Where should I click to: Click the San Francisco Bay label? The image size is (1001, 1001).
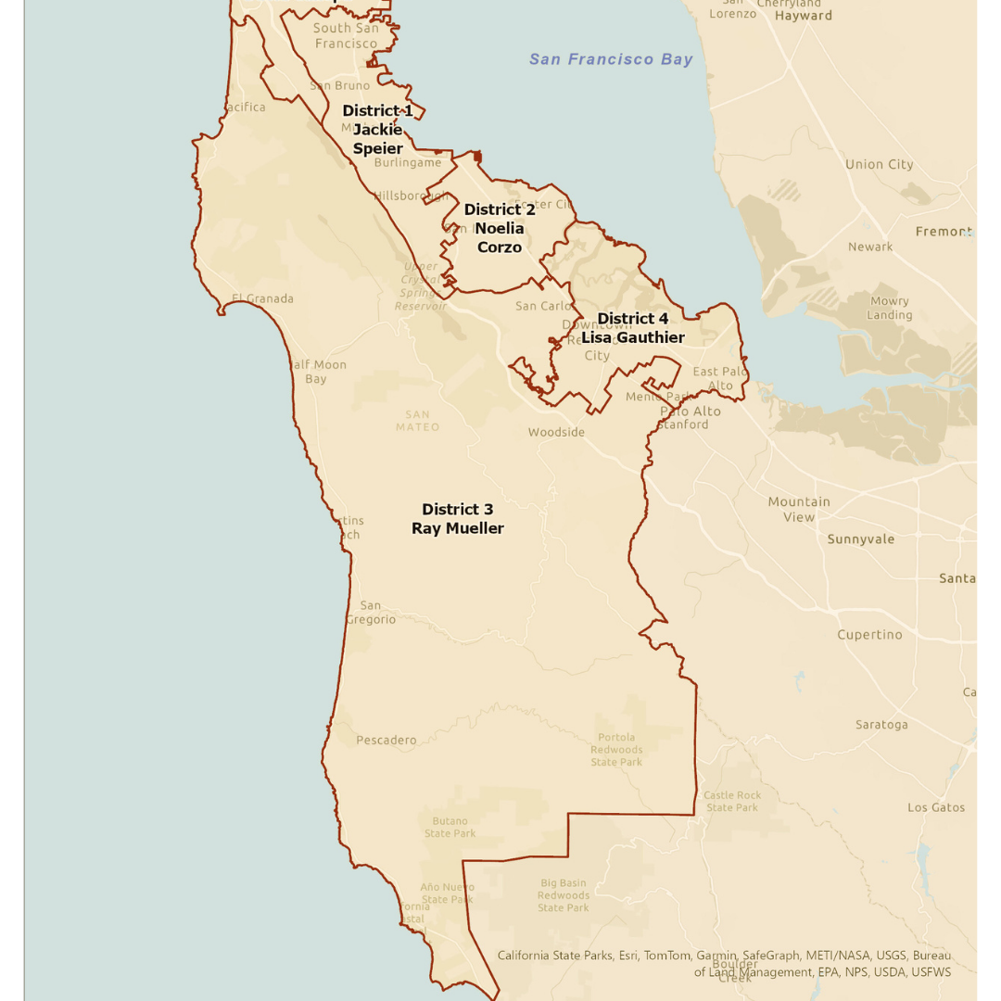click(611, 59)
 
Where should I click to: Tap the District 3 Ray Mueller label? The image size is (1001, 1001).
click(458, 519)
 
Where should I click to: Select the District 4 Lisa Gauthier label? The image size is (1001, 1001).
click(633, 328)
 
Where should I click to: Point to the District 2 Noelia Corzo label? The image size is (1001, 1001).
click(500, 228)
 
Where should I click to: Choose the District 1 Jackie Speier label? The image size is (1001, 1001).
click(378, 130)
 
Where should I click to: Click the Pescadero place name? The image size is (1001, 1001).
click(386, 741)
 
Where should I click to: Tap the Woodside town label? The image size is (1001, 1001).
click(556, 432)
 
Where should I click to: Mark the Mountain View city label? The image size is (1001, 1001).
click(799, 510)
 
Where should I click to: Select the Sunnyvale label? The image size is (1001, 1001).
click(861, 539)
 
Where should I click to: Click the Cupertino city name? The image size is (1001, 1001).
click(869, 635)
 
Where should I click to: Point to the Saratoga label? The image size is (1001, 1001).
click(881, 725)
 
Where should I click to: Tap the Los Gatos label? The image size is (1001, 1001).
click(936, 807)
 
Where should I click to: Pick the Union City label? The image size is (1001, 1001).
click(879, 165)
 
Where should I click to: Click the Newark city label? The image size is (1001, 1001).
click(870, 247)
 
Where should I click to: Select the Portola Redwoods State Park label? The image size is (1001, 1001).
click(616, 750)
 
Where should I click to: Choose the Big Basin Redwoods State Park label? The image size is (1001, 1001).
click(564, 895)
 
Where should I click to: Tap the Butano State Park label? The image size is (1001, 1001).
click(450, 827)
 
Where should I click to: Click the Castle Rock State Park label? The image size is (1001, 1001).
click(732, 802)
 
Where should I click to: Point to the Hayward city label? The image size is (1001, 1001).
click(804, 16)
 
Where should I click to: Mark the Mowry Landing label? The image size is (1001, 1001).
click(890, 308)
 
